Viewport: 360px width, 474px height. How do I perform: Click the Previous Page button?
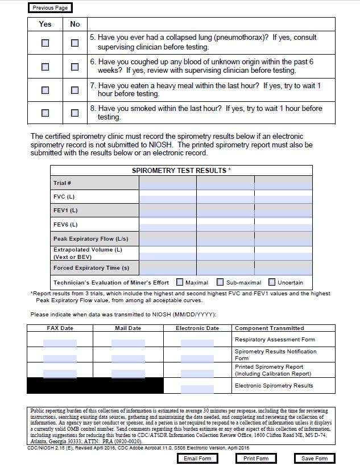50,8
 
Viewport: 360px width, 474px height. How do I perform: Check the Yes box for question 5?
45,43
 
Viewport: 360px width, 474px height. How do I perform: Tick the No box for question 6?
75,67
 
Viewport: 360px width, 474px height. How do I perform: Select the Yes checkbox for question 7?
45,90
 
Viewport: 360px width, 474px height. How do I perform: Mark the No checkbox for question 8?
75,113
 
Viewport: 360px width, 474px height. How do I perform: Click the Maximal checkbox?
180,282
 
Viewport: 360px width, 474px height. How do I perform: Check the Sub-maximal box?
219,282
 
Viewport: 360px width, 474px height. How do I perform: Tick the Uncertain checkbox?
272,282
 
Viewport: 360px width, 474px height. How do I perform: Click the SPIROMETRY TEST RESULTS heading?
181,171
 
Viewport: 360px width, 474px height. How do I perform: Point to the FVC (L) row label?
64,197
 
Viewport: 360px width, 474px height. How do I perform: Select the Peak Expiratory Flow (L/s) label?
84,238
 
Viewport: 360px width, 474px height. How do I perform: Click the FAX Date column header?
60,328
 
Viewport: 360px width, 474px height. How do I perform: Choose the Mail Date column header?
128,328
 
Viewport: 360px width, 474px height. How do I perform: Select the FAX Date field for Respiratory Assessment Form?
60,343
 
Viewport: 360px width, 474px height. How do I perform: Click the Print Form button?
256,459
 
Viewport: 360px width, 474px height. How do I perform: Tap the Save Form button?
315,459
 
